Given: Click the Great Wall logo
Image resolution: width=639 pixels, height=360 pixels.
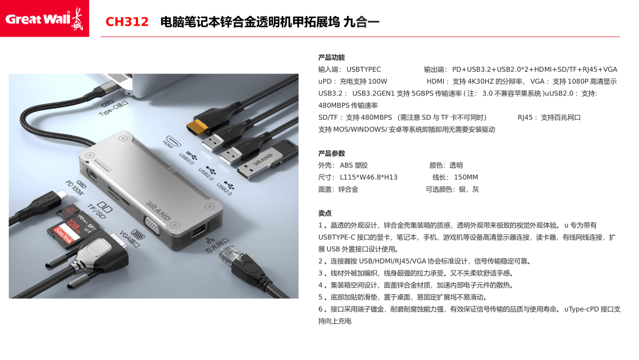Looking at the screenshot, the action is point(44,18).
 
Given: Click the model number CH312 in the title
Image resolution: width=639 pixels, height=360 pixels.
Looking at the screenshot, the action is point(127,21).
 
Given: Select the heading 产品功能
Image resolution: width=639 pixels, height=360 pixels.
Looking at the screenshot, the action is point(331,57).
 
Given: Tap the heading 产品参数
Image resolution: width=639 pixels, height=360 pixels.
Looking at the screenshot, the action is point(331,153).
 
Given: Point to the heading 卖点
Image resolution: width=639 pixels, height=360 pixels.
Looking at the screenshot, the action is point(325,213).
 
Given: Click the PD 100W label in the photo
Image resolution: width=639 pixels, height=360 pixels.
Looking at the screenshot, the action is point(75,188).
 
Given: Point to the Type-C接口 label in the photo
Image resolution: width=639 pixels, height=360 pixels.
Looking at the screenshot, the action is point(113,108).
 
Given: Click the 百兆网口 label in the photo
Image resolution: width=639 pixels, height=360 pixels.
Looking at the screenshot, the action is point(217,245).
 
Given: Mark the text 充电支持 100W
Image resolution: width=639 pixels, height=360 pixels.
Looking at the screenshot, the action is point(363,82).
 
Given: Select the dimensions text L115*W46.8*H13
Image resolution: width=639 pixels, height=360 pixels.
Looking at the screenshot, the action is point(369,178).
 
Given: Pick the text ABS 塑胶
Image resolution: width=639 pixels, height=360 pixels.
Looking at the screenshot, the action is point(354,166).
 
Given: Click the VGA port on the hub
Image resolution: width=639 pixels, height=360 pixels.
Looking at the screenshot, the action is point(152,226).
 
